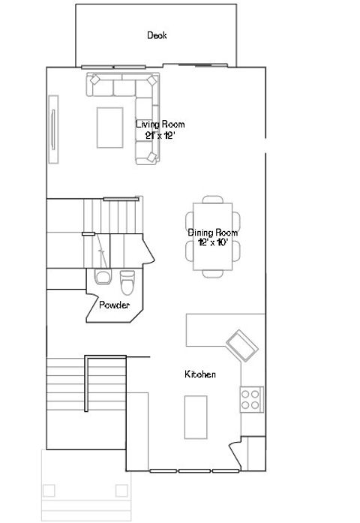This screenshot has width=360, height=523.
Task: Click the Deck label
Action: point(157,35)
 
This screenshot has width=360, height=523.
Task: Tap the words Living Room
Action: point(160,125)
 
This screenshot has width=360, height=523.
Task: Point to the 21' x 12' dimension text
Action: point(160,136)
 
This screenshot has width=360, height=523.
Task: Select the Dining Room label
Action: point(212,233)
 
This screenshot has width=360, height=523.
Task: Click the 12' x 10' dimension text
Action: point(212,243)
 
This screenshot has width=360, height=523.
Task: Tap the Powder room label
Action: point(115,305)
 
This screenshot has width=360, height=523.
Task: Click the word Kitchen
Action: point(201,374)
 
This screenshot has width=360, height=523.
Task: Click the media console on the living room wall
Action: point(52,128)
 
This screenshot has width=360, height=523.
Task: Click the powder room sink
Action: point(102,278)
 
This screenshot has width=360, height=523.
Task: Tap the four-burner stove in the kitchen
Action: point(250,398)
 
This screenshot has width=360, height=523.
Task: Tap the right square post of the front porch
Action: point(121,491)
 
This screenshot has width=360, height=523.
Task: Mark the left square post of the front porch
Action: point(49,491)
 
